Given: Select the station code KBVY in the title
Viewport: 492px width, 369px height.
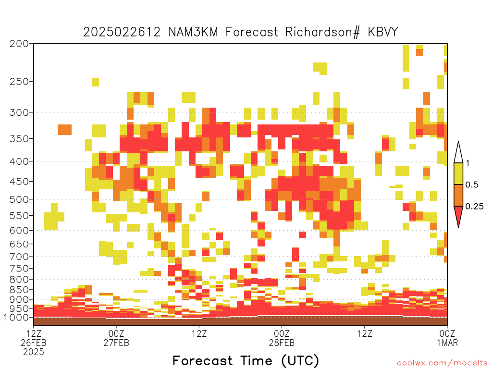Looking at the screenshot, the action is click(383, 32).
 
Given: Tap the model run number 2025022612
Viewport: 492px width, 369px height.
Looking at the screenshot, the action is click(122, 32).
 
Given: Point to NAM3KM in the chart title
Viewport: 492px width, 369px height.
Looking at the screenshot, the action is click(193, 32).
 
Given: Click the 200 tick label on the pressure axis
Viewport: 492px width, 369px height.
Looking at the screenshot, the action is click(19, 44).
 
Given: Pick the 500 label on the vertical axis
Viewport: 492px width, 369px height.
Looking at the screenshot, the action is click(19, 199).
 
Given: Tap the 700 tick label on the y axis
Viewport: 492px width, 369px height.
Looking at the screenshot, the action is click(19, 257).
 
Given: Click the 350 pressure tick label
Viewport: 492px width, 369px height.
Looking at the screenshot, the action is click(19, 139).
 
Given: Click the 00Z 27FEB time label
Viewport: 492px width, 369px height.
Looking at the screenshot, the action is click(116, 338).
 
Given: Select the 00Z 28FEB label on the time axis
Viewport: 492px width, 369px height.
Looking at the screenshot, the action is click(282, 338).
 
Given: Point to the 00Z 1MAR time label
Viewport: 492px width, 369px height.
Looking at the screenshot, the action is click(447, 338).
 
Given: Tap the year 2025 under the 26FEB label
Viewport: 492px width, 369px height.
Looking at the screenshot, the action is click(34, 352).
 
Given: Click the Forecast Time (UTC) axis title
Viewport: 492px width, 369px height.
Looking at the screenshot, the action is click(246, 360).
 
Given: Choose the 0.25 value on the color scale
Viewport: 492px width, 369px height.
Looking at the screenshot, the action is click(474, 207).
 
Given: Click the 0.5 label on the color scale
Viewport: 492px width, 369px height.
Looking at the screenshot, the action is click(472, 185).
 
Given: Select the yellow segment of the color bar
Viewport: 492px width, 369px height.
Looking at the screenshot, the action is click(458, 174).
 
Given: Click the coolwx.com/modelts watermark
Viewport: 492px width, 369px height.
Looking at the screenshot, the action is click(442, 363).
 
